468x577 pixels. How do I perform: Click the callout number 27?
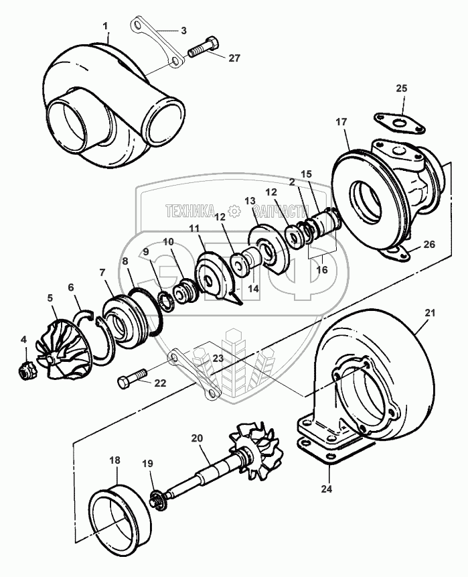pos(233,58)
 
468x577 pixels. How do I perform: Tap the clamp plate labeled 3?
pos(157,44)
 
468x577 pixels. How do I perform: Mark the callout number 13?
pos(250,201)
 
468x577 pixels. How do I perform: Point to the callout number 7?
pos(102,273)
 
